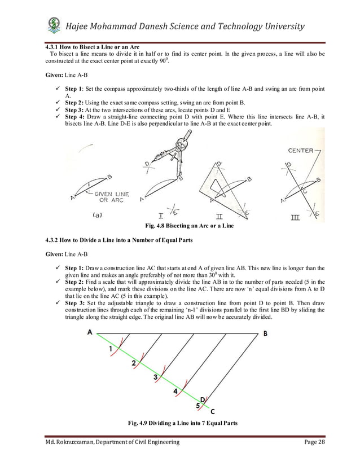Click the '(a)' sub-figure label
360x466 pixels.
[x=97, y=214]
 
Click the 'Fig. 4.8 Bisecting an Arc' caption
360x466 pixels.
[x=190, y=226]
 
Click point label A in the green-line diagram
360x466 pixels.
[x=90, y=332]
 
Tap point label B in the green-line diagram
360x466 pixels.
[x=266, y=333]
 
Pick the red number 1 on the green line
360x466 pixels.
[x=111, y=349]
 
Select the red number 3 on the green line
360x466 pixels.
[x=155, y=377]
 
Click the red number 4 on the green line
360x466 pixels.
[x=175, y=390]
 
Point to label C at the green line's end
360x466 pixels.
[x=212, y=411]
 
